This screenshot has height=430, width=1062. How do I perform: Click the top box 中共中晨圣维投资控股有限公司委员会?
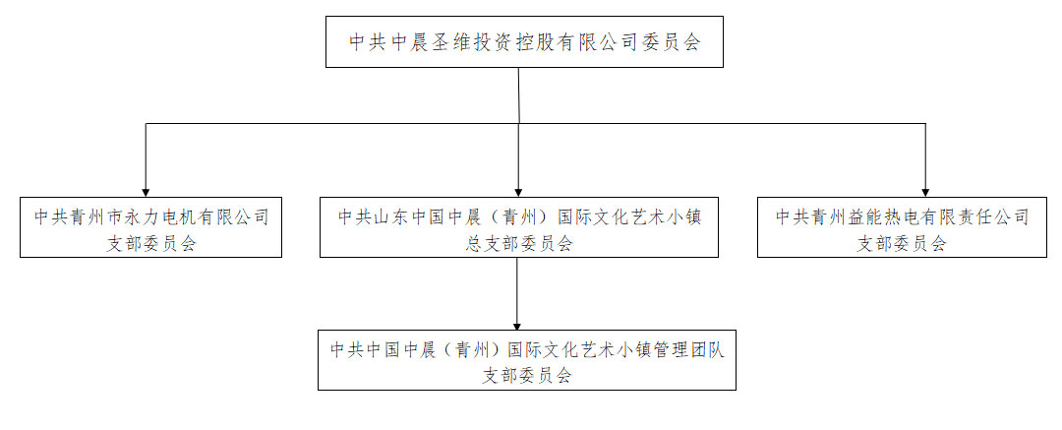tap(524, 41)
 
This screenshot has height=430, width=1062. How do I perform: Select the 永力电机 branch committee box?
tap(150, 227)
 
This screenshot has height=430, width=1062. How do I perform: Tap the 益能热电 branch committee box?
tap(902, 227)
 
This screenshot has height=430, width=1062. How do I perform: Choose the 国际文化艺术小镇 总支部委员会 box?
tap(519, 227)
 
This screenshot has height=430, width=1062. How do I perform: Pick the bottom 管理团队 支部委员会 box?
tap(527, 360)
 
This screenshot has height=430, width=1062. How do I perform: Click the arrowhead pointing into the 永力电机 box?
tap(146, 192)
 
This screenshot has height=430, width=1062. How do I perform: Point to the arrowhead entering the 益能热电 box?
tap(926, 192)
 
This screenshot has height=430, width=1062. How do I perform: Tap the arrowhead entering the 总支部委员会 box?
tap(518, 192)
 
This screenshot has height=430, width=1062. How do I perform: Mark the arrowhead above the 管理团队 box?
tap(517, 325)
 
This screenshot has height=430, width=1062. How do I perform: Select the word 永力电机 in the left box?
tap(156, 217)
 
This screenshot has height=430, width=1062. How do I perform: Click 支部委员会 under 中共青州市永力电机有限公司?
tap(151, 243)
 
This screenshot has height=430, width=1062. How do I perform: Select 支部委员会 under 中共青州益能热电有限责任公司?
tap(902, 243)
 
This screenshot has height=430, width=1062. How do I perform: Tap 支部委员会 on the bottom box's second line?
tap(527, 376)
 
